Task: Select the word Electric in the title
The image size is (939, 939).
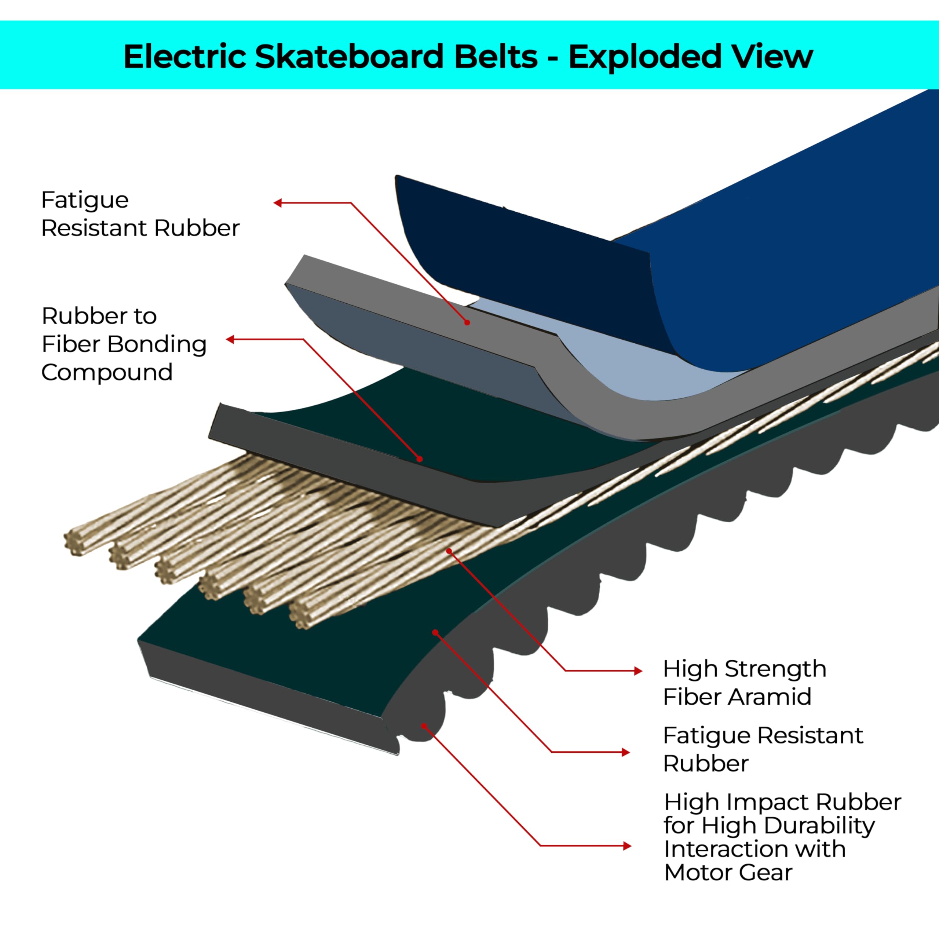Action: pos(185,56)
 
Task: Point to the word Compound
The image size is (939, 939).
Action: pos(107,373)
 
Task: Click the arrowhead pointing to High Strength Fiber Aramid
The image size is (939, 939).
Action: pos(639,671)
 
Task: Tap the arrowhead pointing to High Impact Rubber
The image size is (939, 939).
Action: pos(628,846)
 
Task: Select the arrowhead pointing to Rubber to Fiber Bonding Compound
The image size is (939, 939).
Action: pos(230,340)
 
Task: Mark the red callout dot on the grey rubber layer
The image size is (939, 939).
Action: pos(467,323)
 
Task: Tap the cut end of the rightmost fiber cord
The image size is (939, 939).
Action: pos(302,616)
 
